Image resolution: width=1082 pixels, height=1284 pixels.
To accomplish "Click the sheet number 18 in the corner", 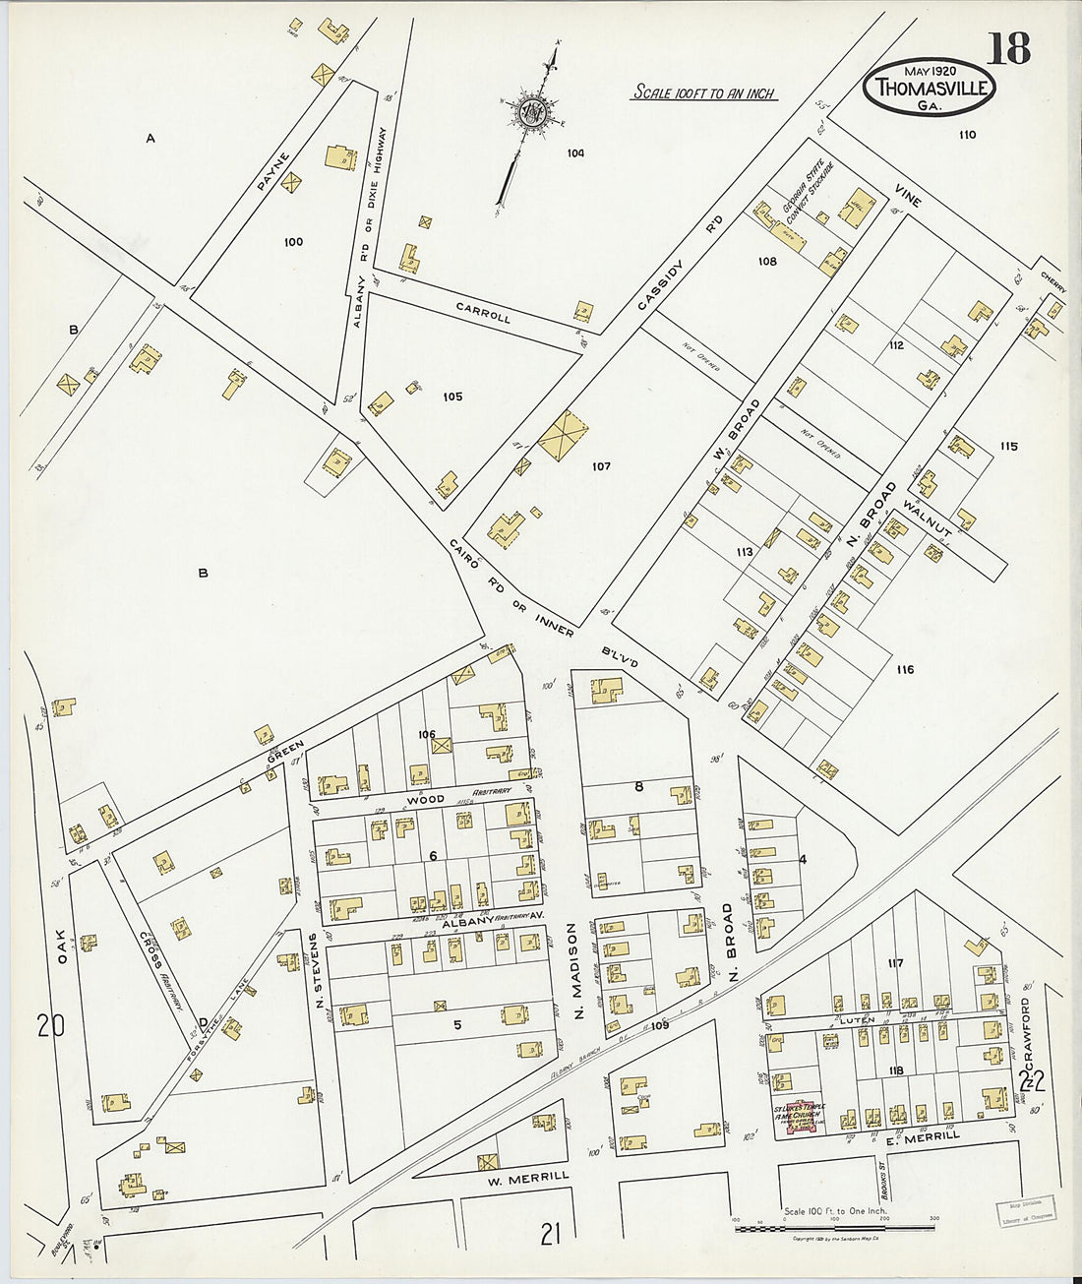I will pyautogui.click(x=1008, y=47).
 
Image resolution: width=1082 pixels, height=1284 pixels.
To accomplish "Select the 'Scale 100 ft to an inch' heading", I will pyautogui.click(x=702, y=93).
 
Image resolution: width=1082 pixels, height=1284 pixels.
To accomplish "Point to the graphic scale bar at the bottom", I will pyautogui.click(x=834, y=1227).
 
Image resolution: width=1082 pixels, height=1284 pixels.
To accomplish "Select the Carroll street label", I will pyautogui.click(x=483, y=313).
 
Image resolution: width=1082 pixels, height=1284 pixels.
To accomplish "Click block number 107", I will pyautogui.click(x=601, y=465).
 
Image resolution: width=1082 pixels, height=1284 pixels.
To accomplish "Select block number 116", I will pyautogui.click(x=905, y=669).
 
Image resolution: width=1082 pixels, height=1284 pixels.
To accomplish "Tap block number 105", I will pyautogui.click(x=451, y=397).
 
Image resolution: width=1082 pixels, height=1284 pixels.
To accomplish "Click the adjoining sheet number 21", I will pyautogui.click(x=550, y=1232).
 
